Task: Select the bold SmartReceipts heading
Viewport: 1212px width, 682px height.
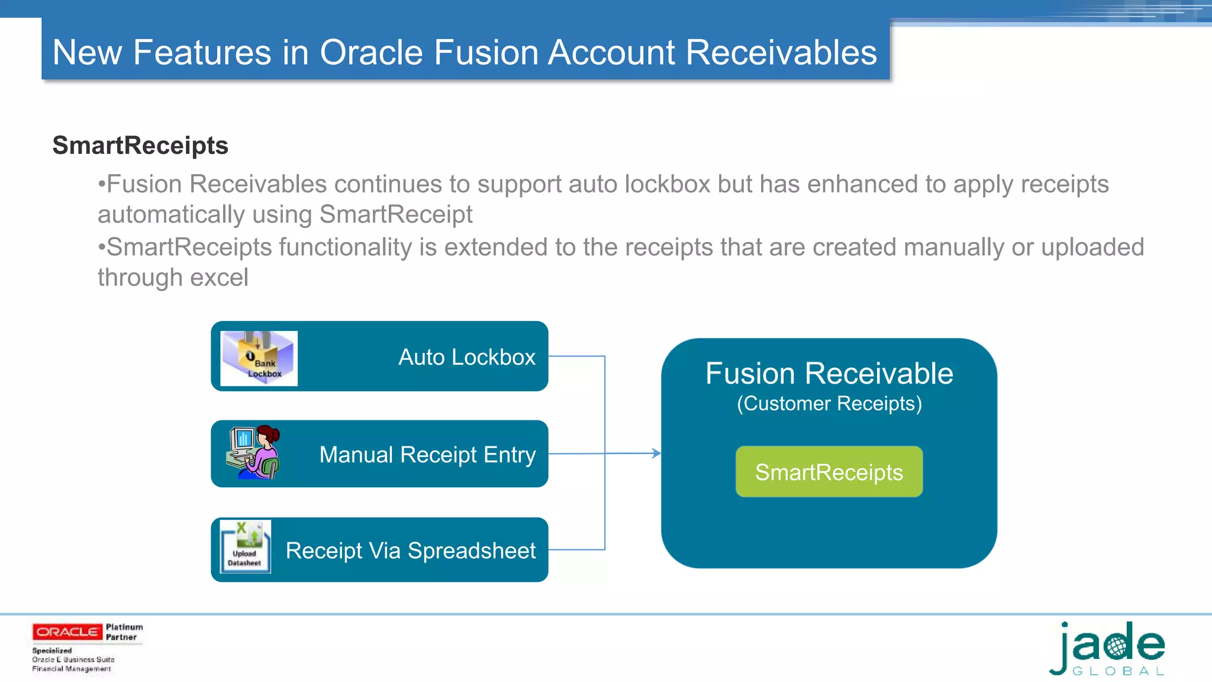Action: [140, 146]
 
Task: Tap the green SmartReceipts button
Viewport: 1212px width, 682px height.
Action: [829, 472]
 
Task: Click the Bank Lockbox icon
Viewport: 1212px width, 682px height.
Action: [259, 358]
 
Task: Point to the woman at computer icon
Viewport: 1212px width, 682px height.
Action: [253, 453]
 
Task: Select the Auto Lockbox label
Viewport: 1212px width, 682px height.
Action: [466, 357]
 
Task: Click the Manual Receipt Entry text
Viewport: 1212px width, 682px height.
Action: [427, 455]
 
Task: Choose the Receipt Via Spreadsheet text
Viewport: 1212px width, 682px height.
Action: [410, 551]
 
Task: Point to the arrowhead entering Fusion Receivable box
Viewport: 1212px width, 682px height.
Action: [656, 453]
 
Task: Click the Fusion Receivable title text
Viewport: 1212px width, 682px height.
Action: [829, 374]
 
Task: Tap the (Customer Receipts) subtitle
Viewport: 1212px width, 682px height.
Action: [829, 404]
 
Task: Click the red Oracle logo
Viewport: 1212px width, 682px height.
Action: [67, 632]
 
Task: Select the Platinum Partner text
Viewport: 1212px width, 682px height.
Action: [124, 632]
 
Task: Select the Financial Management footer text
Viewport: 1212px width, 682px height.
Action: [72, 669]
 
